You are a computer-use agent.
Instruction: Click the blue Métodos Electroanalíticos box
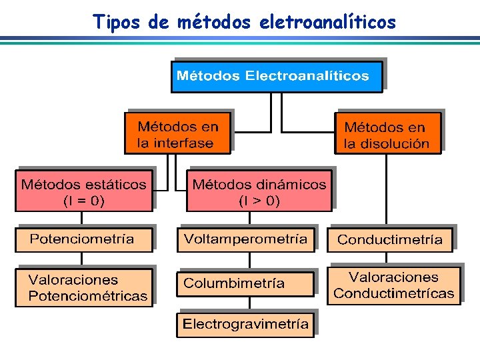[x=277, y=76]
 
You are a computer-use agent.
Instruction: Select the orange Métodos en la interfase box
[x=177, y=133]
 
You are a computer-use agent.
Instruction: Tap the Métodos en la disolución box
[x=387, y=134]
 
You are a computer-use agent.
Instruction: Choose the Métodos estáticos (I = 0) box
[x=83, y=191]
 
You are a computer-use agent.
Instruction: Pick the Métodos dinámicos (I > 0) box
[x=259, y=191]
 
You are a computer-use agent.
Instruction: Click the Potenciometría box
[x=83, y=239]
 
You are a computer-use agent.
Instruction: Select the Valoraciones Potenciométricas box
[x=85, y=287]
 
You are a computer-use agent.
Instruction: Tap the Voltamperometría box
[x=245, y=239]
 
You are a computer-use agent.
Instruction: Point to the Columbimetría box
[x=245, y=283]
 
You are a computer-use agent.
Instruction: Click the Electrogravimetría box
[x=245, y=325]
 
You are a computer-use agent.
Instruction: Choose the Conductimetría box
[x=390, y=239]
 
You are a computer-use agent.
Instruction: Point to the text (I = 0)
[x=83, y=200]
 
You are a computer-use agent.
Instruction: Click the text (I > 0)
[x=259, y=200]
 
